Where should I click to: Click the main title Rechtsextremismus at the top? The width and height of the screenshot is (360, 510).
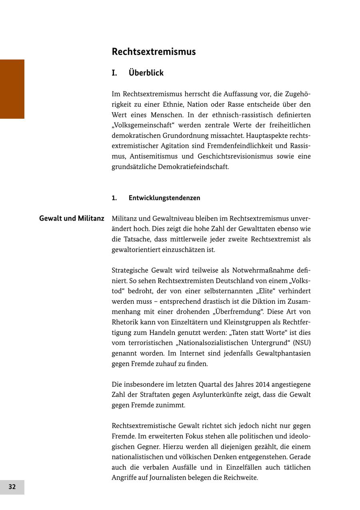(x=154, y=52)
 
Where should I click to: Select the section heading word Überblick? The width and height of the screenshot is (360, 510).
(x=146, y=73)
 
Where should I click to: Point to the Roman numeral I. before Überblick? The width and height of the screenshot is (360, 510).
(x=114, y=73)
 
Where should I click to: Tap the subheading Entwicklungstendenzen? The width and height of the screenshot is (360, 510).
(x=164, y=198)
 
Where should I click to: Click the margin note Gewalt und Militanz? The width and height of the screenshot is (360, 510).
(x=72, y=219)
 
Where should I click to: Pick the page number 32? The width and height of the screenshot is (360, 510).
(x=12, y=487)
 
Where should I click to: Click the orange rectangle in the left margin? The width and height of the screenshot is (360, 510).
(x=12, y=89)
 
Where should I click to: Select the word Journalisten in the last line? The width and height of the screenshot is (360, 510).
(x=168, y=478)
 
